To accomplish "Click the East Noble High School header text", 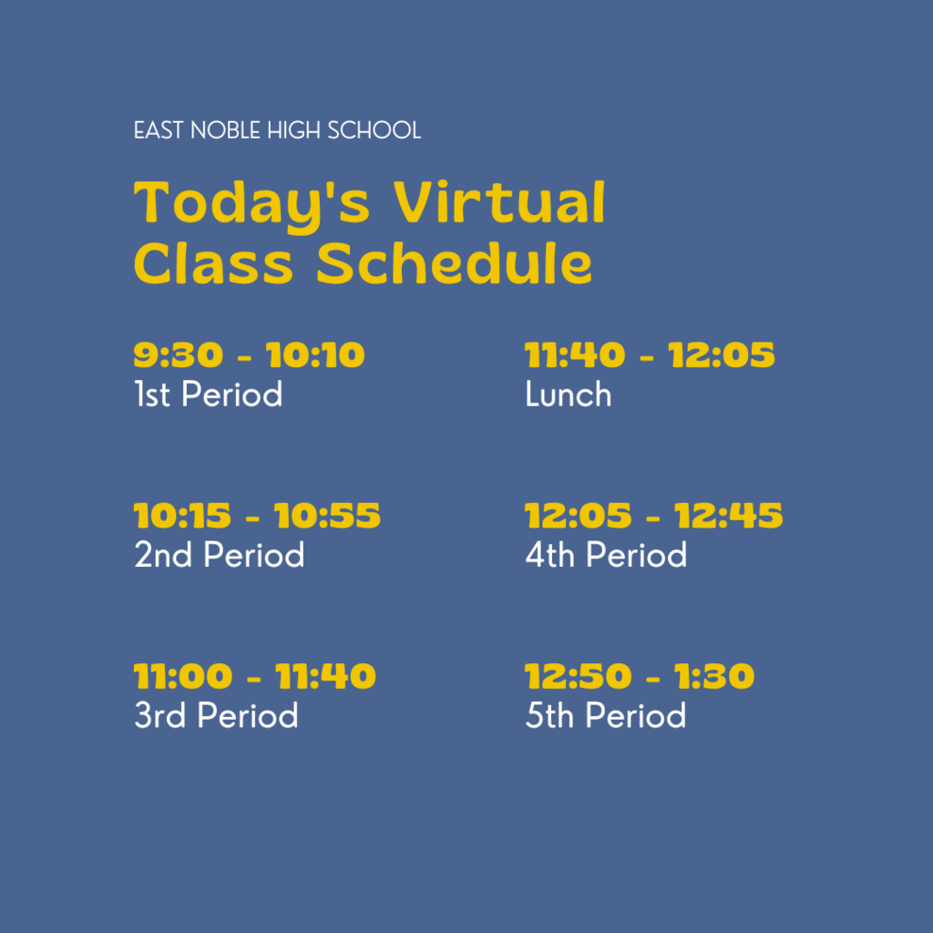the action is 277,130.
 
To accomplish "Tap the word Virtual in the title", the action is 499,202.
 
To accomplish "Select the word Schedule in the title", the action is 454,263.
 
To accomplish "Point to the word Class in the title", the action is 213,263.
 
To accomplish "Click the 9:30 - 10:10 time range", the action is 249,355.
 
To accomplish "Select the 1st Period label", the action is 209,394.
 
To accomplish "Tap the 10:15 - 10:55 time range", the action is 257,516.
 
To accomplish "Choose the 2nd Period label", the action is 219,555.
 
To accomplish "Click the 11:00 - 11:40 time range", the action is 255,676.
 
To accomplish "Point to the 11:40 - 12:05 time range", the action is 650,355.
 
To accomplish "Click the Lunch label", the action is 569,394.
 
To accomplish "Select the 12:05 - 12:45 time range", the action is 654,516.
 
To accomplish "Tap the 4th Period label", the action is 606,555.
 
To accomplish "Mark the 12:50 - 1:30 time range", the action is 640,676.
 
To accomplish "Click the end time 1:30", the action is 714,676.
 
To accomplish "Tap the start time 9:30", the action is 179,355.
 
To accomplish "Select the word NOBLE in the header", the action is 225,130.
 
